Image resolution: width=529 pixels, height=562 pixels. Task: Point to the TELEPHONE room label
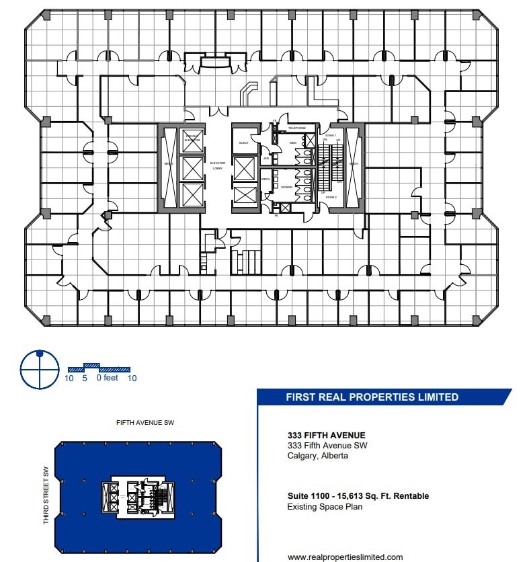pos(297,128)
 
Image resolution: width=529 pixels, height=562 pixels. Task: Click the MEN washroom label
pos(293,143)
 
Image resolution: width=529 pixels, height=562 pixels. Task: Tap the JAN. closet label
pos(266,159)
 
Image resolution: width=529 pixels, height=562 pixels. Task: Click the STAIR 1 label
pos(330,136)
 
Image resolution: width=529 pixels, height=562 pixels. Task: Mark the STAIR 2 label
pos(330,198)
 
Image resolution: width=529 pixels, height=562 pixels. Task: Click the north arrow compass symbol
pos(40,369)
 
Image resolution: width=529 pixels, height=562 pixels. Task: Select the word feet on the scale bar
pos(110,378)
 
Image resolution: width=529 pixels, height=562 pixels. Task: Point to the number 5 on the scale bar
pos(85,378)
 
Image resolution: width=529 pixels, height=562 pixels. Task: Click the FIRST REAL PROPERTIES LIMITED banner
pos(372,397)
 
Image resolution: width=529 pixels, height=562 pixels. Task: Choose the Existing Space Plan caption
pos(325,507)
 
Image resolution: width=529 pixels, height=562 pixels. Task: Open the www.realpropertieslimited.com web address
pos(345,557)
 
